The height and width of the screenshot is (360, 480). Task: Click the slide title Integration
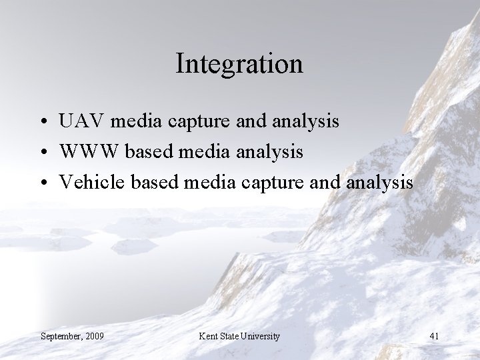coord(239,64)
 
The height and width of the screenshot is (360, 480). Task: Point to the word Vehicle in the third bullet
coord(85,183)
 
